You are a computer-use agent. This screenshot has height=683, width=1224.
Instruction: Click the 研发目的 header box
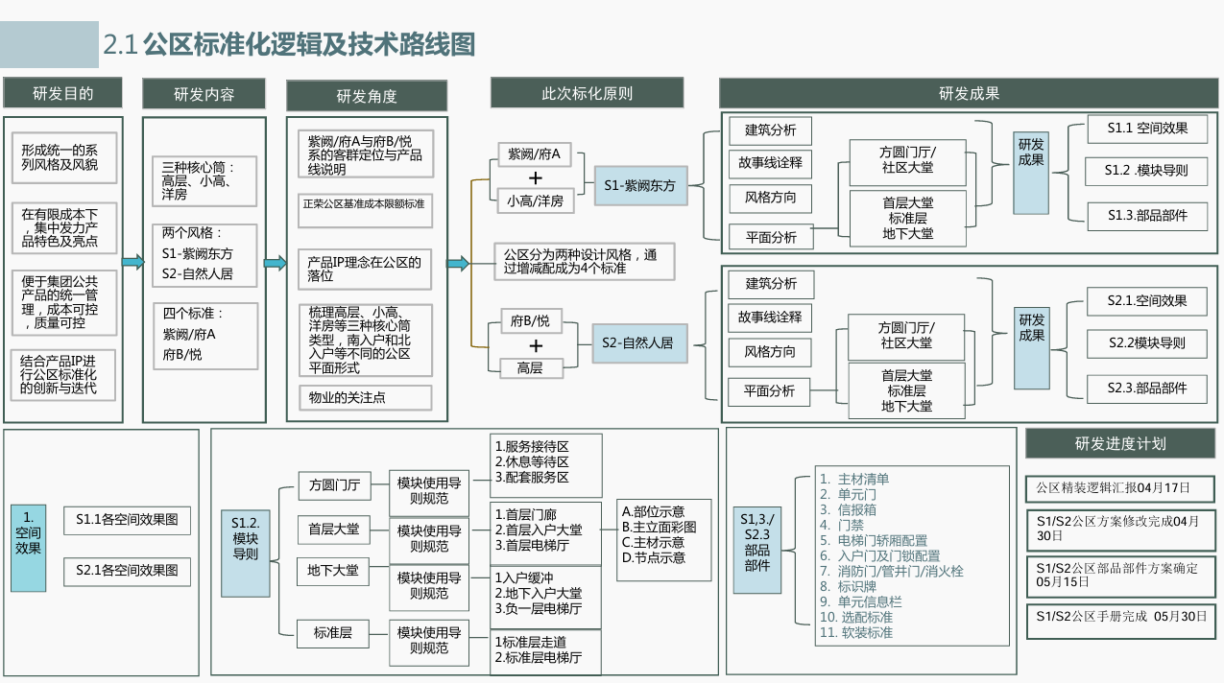pyautogui.click(x=62, y=93)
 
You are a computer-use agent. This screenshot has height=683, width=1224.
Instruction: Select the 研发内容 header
pyautogui.click(x=204, y=94)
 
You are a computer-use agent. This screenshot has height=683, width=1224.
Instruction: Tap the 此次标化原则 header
pyautogui.click(x=587, y=93)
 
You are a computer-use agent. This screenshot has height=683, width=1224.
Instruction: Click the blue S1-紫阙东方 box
pyautogui.click(x=640, y=186)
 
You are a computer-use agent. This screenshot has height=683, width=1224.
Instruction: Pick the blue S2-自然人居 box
pyautogui.click(x=639, y=342)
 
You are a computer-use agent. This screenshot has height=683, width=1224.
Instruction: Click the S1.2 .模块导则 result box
pyautogui.click(x=1146, y=171)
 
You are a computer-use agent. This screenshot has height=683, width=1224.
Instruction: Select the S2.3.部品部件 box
pyautogui.click(x=1147, y=389)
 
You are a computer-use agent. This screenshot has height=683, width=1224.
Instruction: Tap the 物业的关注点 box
pyautogui.click(x=366, y=397)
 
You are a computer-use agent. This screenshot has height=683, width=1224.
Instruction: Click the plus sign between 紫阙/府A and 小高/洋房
pyautogui.click(x=536, y=178)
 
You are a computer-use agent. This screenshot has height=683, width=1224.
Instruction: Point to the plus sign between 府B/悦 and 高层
pyautogui.click(x=536, y=345)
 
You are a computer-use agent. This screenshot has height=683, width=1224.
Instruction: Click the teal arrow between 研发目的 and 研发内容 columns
pyautogui.click(x=132, y=263)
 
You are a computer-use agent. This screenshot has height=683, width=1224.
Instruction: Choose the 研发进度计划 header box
pyautogui.click(x=1120, y=443)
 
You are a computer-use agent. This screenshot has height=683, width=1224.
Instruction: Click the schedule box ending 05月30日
pyautogui.click(x=1120, y=622)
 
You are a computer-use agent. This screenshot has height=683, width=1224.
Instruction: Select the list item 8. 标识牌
pyautogui.click(x=848, y=586)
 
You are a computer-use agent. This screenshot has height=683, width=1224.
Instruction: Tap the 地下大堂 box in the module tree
pyautogui.click(x=333, y=571)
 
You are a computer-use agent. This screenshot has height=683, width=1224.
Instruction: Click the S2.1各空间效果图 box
pyautogui.click(x=127, y=571)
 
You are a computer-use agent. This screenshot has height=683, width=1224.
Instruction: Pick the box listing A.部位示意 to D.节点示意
pyautogui.click(x=664, y=539)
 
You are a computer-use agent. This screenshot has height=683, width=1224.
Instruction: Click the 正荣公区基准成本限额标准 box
pyautogui.click(x=365, y=210)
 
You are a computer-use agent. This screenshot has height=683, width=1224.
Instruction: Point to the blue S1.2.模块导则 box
pyautogui.click(x=246, y=553)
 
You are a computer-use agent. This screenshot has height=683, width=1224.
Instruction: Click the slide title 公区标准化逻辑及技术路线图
pyautogui.click(x=309, y=45)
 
